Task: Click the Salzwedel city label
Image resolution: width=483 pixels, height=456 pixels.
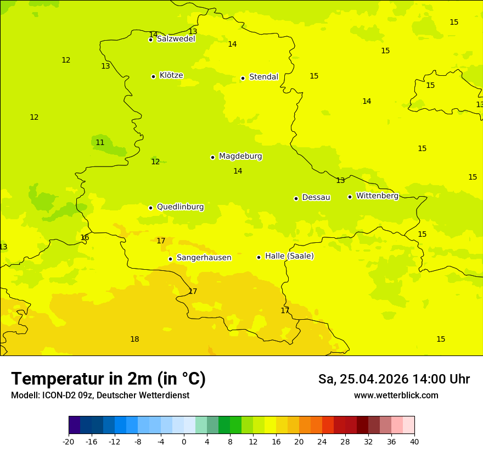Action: coord(176,39)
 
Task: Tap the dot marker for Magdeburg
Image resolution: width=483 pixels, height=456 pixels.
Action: coord(212,157)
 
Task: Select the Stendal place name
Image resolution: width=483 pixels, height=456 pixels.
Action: coord(263,77)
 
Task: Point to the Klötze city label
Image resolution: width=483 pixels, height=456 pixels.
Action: coord(171,75)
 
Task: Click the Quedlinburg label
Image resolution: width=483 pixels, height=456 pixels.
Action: coord(180,207)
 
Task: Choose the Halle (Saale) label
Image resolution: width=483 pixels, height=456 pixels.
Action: coord(289,256)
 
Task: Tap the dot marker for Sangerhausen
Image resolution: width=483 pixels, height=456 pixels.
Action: coord(170,259)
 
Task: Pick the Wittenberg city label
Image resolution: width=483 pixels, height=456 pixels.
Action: coord(377,196)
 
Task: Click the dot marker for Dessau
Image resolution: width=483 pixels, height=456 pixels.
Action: coord(296,198)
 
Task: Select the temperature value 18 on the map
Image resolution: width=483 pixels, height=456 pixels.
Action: coord(134,339)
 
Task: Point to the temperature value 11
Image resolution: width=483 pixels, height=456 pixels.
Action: coord(100,142)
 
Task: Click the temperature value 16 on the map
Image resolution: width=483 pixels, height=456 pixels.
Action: coord(85,237)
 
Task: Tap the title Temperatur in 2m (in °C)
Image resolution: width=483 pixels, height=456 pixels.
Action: coord(108,379)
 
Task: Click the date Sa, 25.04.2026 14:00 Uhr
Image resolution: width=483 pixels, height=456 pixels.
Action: coord(394,379)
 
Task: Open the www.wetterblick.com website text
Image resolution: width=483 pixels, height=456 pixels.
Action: coord(396,396)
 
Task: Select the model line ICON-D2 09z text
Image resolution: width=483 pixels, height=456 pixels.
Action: coord(100,396)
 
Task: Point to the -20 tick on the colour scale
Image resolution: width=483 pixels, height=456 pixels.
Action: coord(69,442)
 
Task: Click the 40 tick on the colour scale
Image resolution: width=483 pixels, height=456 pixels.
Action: coord(414,442)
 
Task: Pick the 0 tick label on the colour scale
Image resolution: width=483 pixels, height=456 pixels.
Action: coord(184,442)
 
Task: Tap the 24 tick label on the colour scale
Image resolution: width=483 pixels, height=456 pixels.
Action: coord(322,442)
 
